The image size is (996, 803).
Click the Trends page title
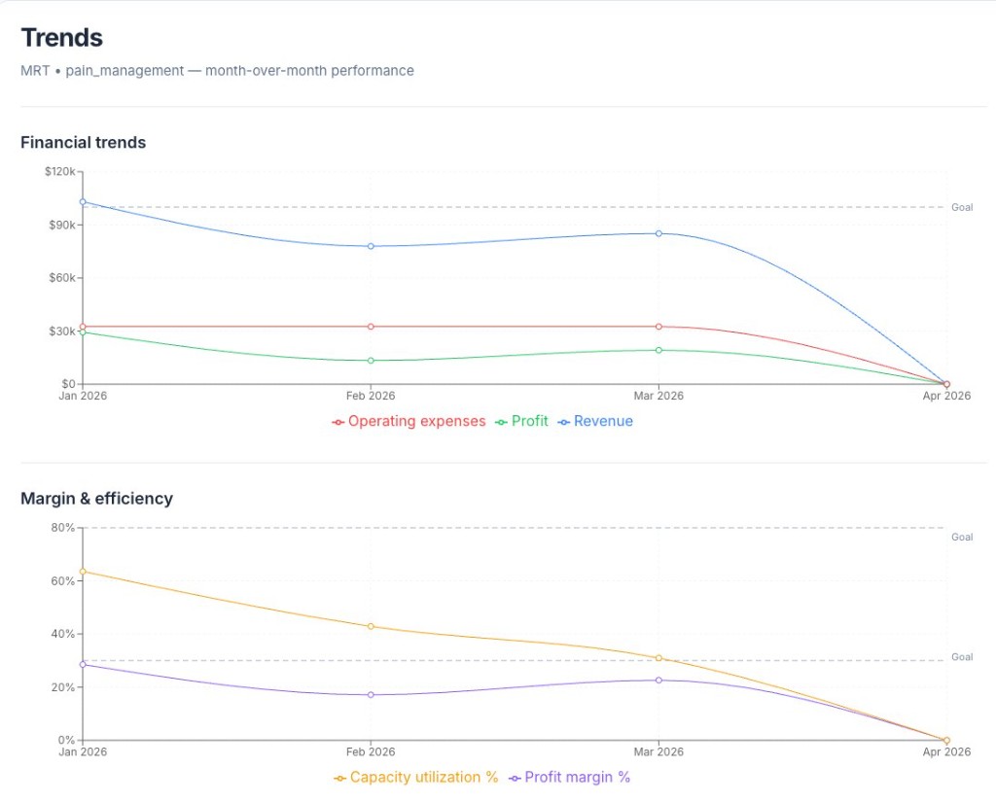(61, 38)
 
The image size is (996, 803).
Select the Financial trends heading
(84, 142)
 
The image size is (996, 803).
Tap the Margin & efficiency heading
(96, 499)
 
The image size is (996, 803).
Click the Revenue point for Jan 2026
(83, 202)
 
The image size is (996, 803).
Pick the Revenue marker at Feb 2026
(371, 246)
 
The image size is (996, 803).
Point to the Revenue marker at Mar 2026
(658, 233)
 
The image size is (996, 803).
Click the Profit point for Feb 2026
(371, 361)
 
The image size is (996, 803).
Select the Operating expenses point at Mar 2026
(658, 327)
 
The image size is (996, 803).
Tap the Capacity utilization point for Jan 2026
(83, 572)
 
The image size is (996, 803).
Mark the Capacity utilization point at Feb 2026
(371, 626)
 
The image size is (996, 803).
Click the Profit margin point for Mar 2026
(658, 680)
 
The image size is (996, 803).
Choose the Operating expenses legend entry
(409, 422)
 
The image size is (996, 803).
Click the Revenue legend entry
(596, 422)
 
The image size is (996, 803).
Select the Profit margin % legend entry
(570, 778)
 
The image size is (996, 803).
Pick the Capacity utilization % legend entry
(416, 778)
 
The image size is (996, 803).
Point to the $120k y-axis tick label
(60, 171)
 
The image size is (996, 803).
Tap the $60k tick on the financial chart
(62, 277)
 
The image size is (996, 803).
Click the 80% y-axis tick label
(63, 528)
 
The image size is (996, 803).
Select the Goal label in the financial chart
(962, 208)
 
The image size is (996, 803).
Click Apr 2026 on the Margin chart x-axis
(946, 751)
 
